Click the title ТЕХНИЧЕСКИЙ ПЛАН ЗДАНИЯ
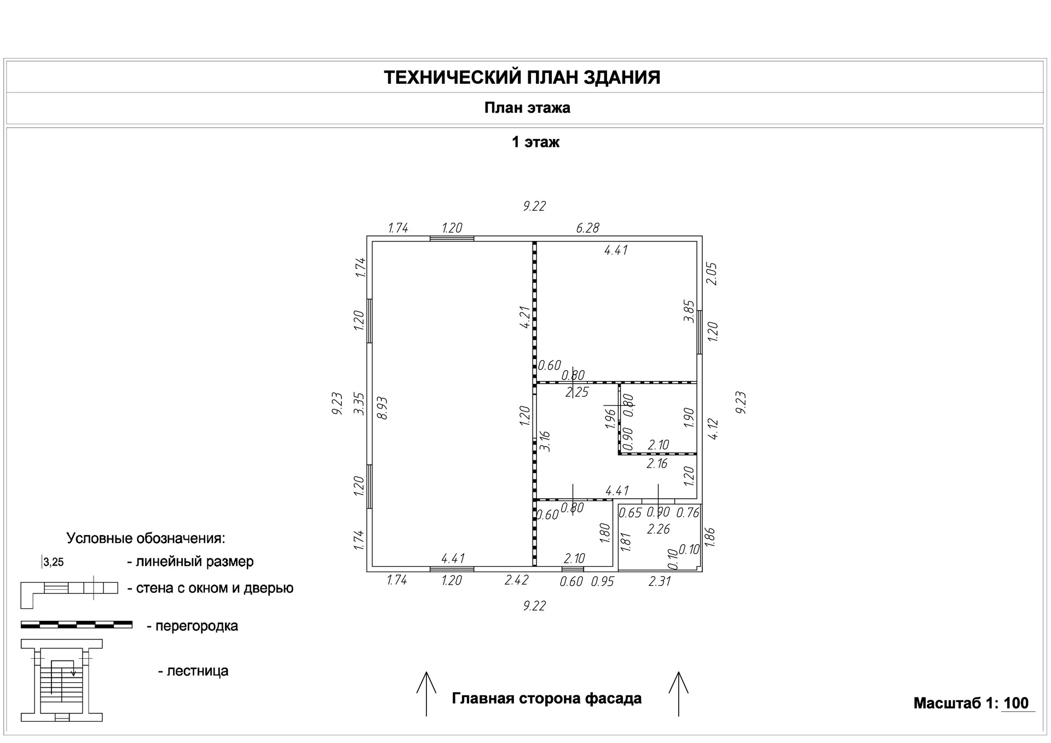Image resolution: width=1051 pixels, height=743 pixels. coord(522,77)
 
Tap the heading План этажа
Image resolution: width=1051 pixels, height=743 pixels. coord(527,108)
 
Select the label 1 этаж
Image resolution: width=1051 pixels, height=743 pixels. coord(535,142)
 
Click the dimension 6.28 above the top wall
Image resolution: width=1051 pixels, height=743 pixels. coord(587,228)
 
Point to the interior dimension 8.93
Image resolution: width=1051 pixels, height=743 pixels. coord(383,408)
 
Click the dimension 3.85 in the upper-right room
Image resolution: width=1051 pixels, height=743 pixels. coord(690,310)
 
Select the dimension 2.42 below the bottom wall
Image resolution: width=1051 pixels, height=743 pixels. coord(516,580)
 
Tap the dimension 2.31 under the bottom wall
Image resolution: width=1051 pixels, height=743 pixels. coord(659,581)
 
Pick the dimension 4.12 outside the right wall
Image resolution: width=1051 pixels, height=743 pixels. coord(713,429)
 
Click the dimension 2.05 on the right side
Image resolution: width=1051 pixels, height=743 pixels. coord(712,273)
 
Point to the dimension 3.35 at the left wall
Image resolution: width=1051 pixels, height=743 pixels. coord(359,404)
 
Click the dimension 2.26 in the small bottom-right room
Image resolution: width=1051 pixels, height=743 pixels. coord(659,529)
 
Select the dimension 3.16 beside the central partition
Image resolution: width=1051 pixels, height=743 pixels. coord(545,441)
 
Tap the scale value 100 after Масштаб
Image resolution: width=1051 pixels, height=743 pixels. coord(1017,703)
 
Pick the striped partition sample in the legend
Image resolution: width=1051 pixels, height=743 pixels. coord(76,624)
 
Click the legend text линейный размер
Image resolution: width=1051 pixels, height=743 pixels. coord(194,561)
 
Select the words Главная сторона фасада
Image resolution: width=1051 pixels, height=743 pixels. coord(546,699)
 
